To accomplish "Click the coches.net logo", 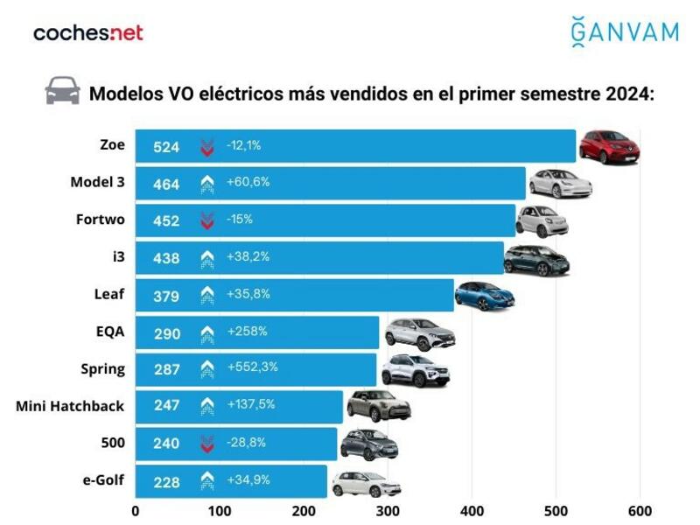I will (87, 33).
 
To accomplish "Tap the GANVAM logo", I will (624, 31).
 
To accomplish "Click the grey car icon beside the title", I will (62, 91).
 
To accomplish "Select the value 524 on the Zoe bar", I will (165, 147).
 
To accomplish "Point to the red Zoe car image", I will (609, 146).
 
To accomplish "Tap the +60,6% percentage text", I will (248, 182).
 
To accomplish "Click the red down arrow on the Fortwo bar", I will (207, 221).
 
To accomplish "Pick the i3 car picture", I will (536, 259).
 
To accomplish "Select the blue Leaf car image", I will (484, 296).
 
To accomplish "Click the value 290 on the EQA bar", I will (165, 333).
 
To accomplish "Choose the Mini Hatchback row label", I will (70, 406).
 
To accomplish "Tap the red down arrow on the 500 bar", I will (207, 444).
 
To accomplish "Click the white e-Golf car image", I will (365, 483).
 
